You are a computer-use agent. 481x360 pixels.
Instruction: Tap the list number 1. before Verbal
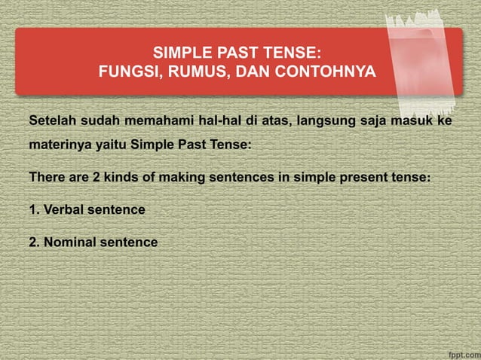click(34, 209)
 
